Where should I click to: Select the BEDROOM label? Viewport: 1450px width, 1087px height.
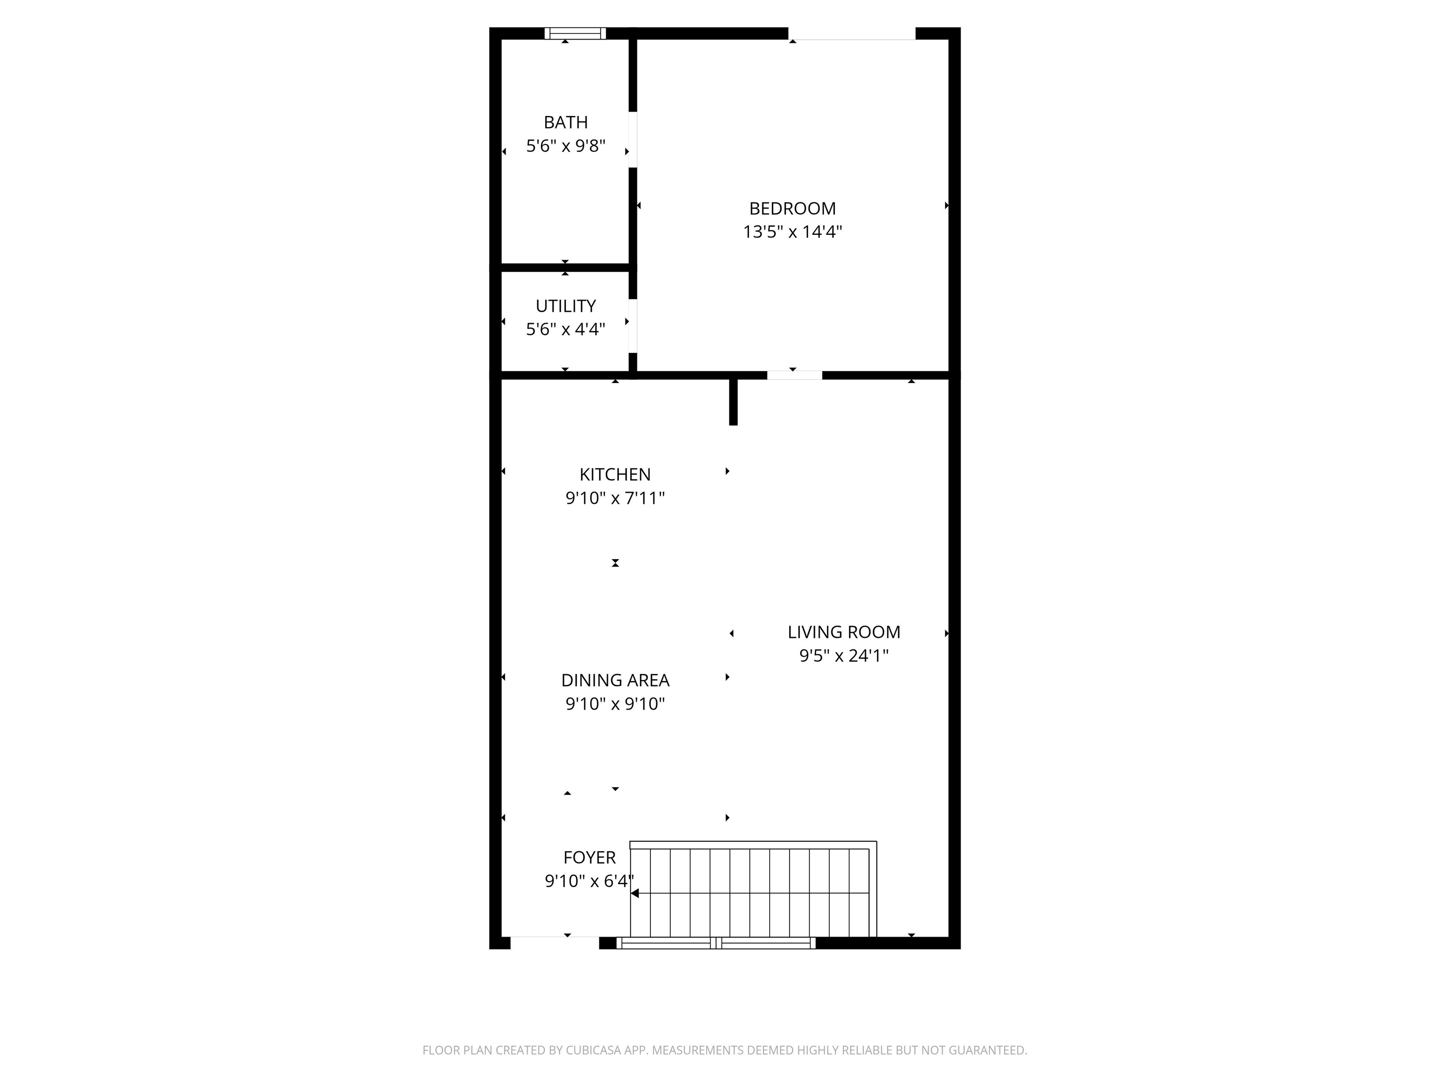coord(792,209)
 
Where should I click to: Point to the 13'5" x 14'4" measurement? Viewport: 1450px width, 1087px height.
coord(792,232)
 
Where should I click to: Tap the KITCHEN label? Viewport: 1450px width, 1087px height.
coord(615,474)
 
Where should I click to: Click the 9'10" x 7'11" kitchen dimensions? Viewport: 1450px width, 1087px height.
coord(615,498)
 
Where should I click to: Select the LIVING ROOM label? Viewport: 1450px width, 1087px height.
coord(843,632)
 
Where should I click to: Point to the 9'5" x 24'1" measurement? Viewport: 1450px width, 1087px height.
coord(843,655)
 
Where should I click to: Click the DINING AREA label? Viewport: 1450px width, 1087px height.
coord(615,680)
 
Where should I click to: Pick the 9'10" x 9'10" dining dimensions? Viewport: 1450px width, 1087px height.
coord(615,704)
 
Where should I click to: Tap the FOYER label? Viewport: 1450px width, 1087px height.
coord(590,857)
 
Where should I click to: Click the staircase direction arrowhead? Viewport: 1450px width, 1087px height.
coord(634,893)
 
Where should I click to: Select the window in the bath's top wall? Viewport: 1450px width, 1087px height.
coord(575,33)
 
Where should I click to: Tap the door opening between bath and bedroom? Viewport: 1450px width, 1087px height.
coord(632,140)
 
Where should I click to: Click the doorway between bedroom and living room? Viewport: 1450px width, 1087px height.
coord(794,376)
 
